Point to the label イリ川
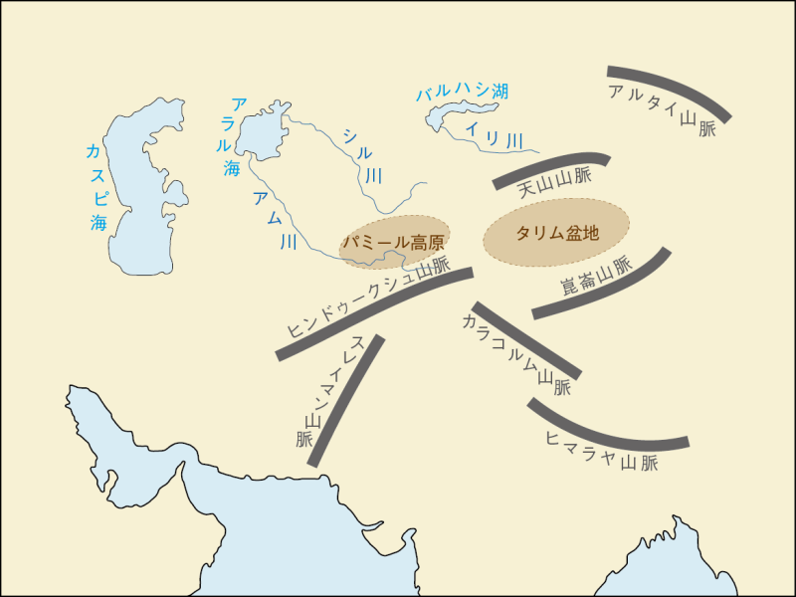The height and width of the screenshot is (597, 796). [x=494, y=135]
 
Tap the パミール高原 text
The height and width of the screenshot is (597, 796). [x=392, y=242]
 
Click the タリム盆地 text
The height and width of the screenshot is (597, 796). [x=557, y=234]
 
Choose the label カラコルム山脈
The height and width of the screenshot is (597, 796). [x=516, y=354]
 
